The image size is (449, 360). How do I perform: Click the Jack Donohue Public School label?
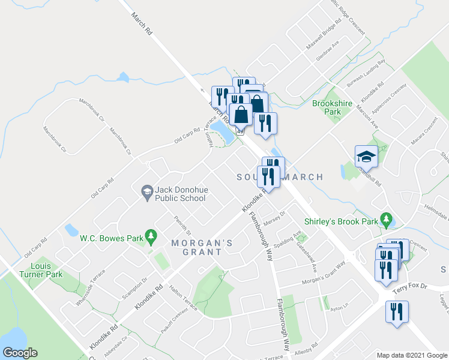click(181, 193)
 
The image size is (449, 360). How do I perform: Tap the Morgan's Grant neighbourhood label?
click(196, 247)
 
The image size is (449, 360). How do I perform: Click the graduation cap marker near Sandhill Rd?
click(366, 158)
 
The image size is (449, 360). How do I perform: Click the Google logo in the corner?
click(20, 352)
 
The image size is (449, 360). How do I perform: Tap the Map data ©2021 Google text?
click(411, 355)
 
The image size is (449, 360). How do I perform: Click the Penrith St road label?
click(181, 226)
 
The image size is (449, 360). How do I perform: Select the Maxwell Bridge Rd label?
click(324, 35)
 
